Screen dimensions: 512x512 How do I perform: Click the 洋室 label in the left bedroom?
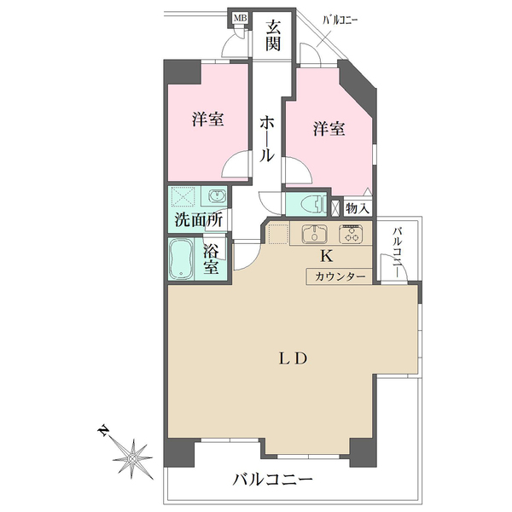(207, 119)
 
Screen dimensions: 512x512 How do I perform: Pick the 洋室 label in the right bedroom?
(329, 129)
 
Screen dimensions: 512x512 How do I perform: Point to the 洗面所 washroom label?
(198, 219)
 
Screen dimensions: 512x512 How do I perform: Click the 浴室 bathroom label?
(212, 259)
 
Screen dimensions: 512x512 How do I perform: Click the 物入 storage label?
(358, 207)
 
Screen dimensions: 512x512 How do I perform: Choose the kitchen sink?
(315, 234)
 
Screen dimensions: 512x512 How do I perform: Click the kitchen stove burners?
(351, 234)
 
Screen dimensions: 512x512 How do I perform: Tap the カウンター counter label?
(340, 276)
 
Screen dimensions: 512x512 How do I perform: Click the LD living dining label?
(289, 358)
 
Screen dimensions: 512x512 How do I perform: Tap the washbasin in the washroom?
(214, 195)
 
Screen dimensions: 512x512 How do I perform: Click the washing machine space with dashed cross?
(183, 196)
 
